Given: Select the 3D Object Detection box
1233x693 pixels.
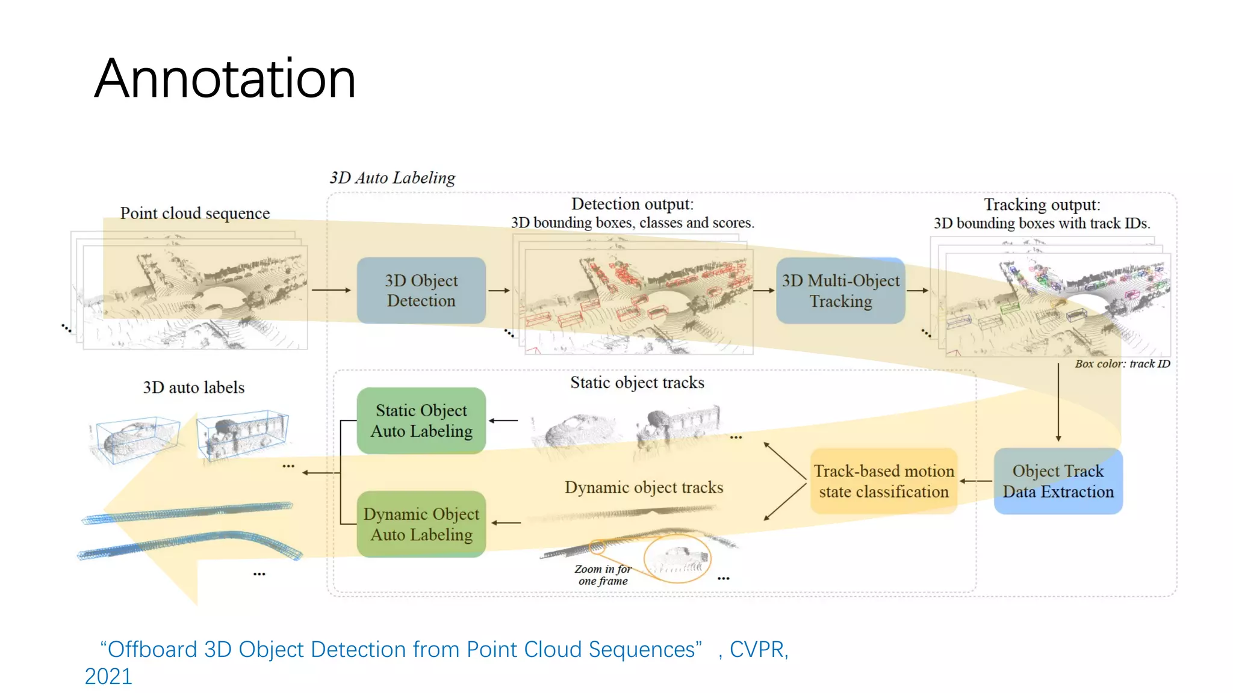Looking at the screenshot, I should (421, 291).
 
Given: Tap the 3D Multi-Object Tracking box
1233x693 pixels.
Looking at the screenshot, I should (840, 291).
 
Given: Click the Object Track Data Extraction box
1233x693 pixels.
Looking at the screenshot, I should (1058, 481).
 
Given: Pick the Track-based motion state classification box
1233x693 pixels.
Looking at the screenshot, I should (883, 481).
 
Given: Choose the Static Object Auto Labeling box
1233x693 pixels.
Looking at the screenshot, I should (421, 420).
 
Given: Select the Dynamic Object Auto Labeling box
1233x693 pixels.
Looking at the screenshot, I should (421, 524).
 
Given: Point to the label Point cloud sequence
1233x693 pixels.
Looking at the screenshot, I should (194, 214).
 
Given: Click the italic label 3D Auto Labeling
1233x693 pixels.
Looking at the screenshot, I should (392, 178).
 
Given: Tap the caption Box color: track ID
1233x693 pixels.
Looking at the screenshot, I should (1122, 364).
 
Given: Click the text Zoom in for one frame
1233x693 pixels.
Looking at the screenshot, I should (603, 574).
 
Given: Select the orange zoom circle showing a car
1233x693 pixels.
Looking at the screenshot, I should (677, 559).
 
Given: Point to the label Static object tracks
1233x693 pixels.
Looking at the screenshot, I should (637, 383).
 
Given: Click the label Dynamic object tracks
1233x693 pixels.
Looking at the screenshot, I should (644, 487).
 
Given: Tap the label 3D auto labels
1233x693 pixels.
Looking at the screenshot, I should (194, 387).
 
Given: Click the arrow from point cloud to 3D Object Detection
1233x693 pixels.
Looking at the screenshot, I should (331, 290).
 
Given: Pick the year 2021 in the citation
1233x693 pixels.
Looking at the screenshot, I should (108, 677).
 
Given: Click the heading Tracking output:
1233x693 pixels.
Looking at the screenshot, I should (1042, 205).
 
